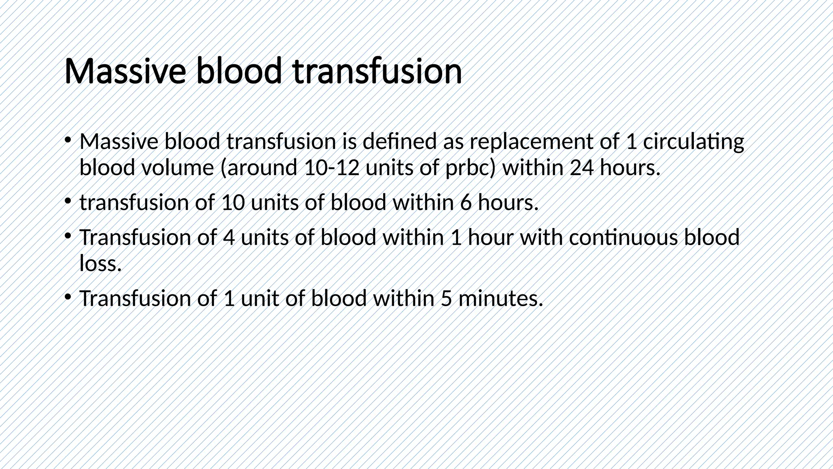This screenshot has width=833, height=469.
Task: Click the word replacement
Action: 532,142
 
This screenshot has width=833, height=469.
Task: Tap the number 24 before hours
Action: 581,168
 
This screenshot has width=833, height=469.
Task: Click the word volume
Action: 177,168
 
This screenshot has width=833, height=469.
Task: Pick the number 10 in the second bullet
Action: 233,203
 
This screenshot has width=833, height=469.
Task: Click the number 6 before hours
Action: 466,203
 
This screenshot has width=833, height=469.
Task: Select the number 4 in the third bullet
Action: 229,237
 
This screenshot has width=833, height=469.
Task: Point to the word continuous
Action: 623,237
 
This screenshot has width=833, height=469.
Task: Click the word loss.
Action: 100,263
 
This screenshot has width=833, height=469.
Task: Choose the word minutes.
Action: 501,298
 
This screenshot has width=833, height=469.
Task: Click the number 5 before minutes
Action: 446,298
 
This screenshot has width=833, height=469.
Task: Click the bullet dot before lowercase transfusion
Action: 68,201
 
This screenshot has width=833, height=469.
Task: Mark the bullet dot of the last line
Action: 68,296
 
